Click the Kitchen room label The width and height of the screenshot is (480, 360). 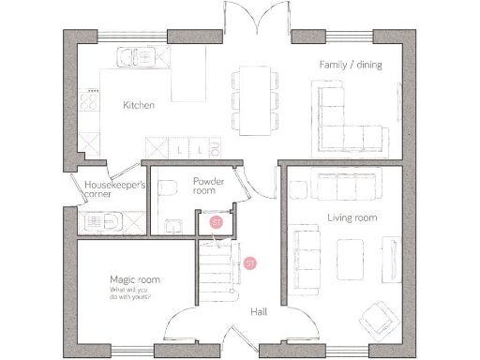click(139, 105)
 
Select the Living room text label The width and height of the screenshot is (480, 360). click(352, 217)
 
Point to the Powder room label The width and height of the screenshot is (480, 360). click(204, 185)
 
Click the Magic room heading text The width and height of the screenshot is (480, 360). click(134, 279)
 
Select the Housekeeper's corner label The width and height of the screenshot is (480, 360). click(115, 190)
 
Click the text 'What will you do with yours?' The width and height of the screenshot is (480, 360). click(134, 297)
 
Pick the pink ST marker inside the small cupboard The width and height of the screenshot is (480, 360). click(217, 222)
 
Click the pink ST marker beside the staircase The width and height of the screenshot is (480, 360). click(249, 263)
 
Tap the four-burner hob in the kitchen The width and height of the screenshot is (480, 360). click(92, 100)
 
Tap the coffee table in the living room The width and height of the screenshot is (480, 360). click(352, 253)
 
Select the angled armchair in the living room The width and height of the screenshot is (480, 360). click(378, 319)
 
